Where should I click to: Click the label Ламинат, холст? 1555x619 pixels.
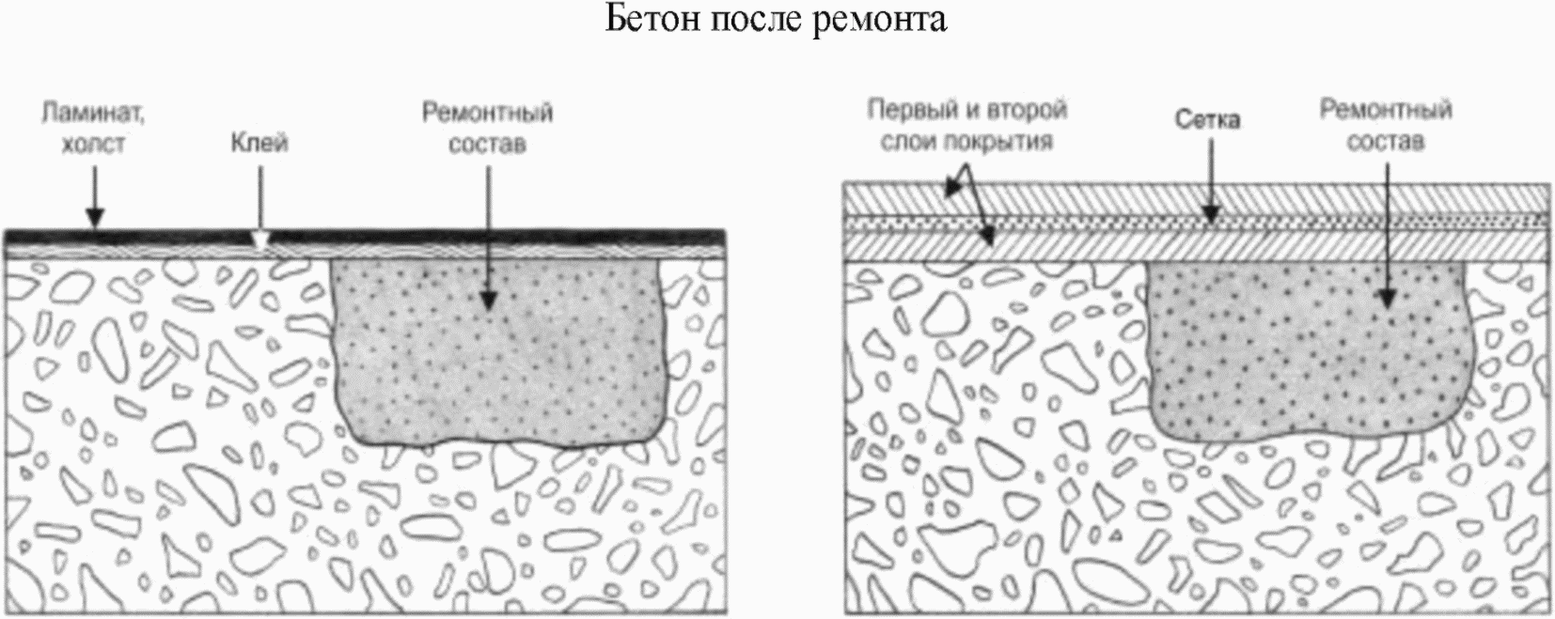(93, 129)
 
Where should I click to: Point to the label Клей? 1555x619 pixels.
(259, 144)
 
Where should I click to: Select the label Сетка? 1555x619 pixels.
(1207, 120)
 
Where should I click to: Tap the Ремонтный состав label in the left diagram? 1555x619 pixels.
(487, 129)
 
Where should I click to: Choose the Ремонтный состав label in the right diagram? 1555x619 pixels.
(1385, 126)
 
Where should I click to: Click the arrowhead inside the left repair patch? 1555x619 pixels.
(488, 300)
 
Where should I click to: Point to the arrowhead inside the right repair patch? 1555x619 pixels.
(1387, 297)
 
